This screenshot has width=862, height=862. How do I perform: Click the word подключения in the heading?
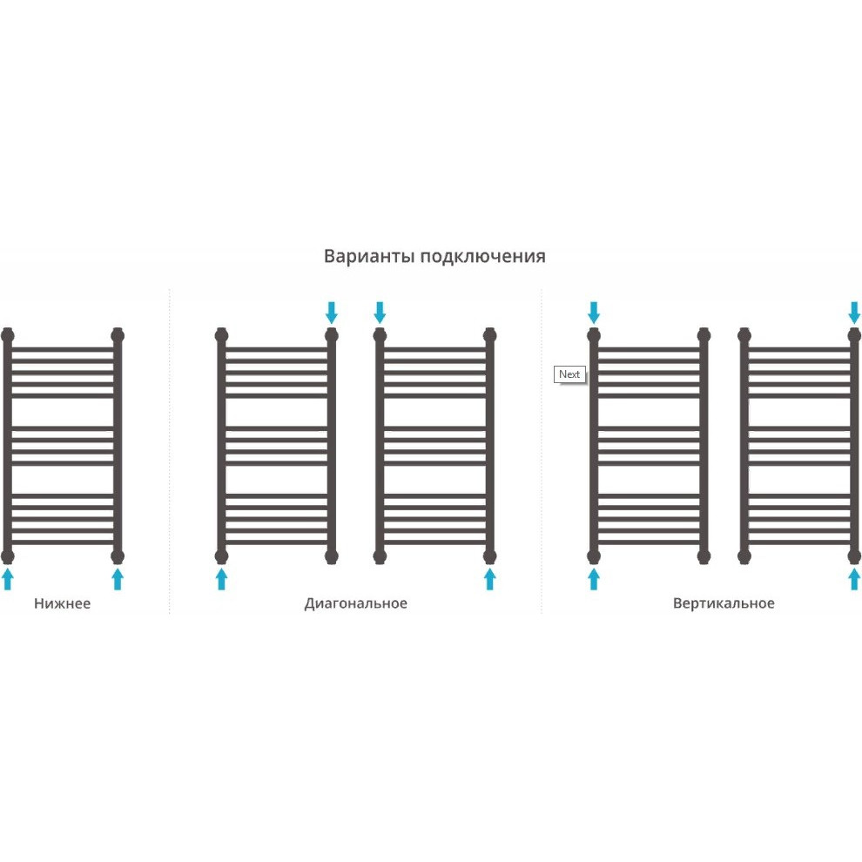click(482, 257)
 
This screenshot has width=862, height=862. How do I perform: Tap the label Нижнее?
click(62, 603)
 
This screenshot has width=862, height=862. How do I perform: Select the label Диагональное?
click(356, 603)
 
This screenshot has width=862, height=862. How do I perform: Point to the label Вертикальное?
click(724, 603)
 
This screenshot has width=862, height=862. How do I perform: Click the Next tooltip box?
click(569, 374)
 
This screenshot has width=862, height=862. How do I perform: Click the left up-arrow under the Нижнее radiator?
click(8, 579)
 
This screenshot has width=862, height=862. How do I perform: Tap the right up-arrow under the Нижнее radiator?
click(118, 579)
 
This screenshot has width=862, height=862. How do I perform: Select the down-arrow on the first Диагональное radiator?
click(332, 313)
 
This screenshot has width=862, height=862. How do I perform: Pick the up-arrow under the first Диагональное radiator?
click(221, 579)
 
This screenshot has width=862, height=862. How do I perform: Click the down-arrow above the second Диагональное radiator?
click(380, 313)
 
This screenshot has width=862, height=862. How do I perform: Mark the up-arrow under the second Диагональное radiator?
click(490, 579)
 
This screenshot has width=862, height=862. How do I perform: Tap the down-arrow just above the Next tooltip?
click(594, 313)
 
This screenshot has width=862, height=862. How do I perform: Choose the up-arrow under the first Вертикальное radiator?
click(594, 579)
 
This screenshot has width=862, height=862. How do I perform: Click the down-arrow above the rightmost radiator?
click(854, 313)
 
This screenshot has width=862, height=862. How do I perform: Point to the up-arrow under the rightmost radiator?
click(854, 579)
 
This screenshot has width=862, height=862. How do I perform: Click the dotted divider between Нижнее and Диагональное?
click(169, 451)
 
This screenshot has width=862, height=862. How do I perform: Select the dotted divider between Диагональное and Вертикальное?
click(542, 451)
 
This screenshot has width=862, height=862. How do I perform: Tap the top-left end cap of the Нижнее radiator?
click(8, 335)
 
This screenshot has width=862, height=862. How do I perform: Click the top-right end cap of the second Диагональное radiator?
click(490, 335)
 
